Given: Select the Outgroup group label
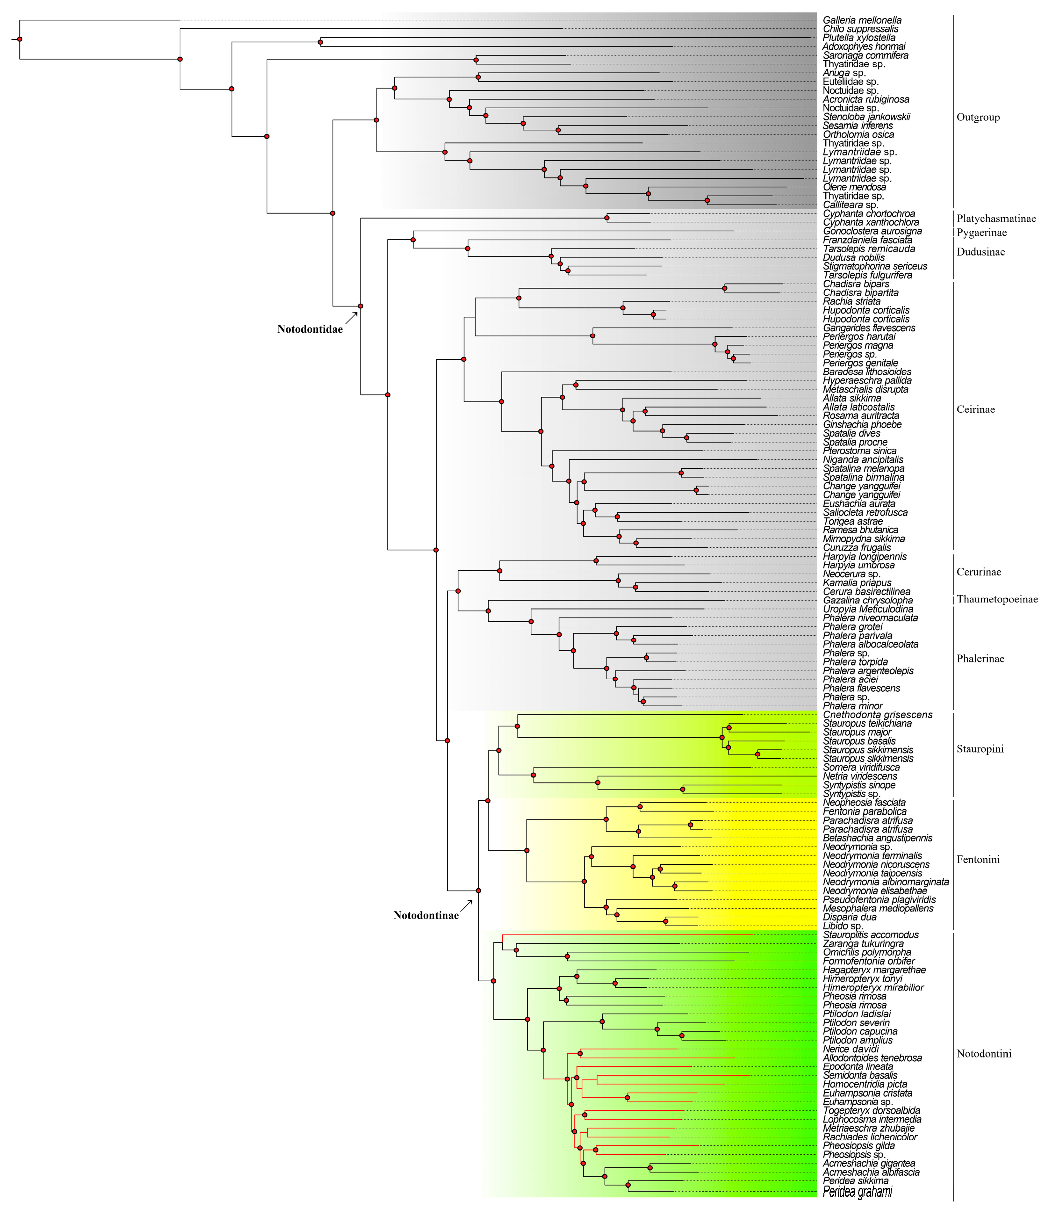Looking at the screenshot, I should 978,117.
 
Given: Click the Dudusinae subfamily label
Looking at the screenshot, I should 980,252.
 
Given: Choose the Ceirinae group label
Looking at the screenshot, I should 975,409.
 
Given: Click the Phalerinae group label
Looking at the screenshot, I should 980,659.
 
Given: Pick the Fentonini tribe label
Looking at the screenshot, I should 978,859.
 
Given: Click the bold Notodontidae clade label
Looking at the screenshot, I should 310,329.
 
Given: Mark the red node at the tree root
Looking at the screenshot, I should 20,39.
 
